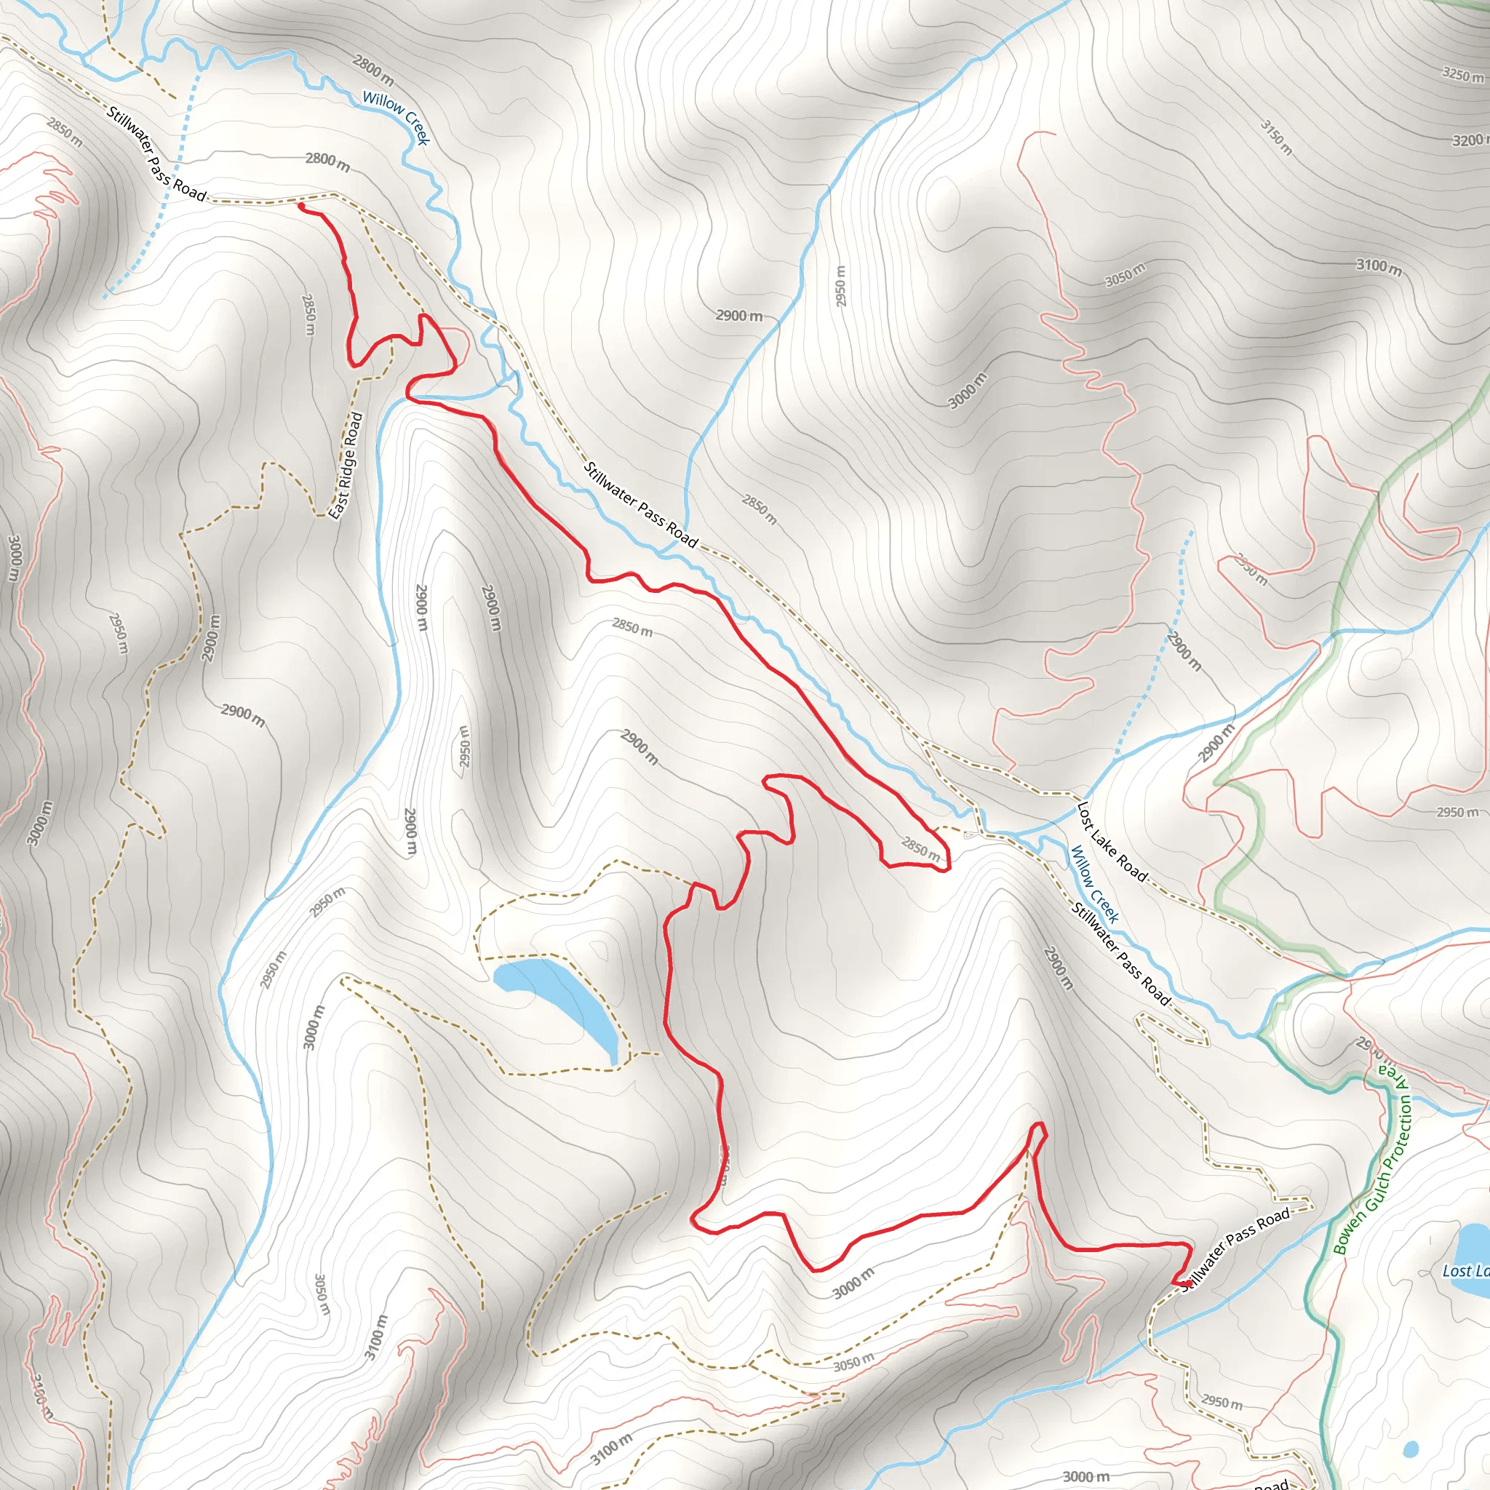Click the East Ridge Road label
[346, 465]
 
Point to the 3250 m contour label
[1462, 75]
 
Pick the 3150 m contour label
[1276, 137]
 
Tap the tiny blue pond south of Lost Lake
[1411, 1449]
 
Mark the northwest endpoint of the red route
[300, 206]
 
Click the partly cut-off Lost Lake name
[1465, 1271]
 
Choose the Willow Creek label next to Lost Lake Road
[1095, 884]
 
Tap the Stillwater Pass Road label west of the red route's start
[156, 154]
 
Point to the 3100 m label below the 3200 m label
[1379, 266]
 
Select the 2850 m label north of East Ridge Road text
[309, 314]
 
